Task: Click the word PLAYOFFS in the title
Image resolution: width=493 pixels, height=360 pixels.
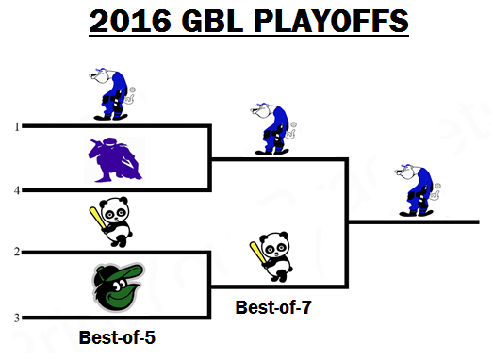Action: tap(331, 21)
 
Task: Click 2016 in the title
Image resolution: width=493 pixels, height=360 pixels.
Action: tap(130, 21)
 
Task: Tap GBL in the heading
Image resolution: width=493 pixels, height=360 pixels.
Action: tap(212, 21)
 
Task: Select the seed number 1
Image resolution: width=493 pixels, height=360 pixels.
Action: tap(17, 126)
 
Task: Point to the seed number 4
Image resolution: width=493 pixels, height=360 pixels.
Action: tap(17, 190)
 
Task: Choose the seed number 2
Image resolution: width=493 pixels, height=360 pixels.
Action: tap(17, 252)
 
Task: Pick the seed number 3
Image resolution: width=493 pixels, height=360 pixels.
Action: tap(17, 319)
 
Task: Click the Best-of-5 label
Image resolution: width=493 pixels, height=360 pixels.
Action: tap(117, 337)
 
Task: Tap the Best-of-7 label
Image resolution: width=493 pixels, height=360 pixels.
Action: tap(273, 307)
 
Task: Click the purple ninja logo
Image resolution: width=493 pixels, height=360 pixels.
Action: tap(114, 159)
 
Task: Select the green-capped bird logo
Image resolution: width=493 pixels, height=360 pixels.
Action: tap(118, 286)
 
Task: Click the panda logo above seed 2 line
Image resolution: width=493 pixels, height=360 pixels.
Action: tap(111, 221)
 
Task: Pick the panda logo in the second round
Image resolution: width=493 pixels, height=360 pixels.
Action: tap(272, 256)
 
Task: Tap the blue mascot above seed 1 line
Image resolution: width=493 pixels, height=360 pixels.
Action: tap(112, 93)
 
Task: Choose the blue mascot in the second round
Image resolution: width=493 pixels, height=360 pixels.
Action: tap(273, 129)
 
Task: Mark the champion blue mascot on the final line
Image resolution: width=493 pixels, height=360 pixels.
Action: tap(418, 190)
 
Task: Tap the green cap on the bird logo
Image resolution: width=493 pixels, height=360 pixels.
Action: tap(121, 272)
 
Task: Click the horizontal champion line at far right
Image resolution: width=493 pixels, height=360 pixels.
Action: tap(414, 222)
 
